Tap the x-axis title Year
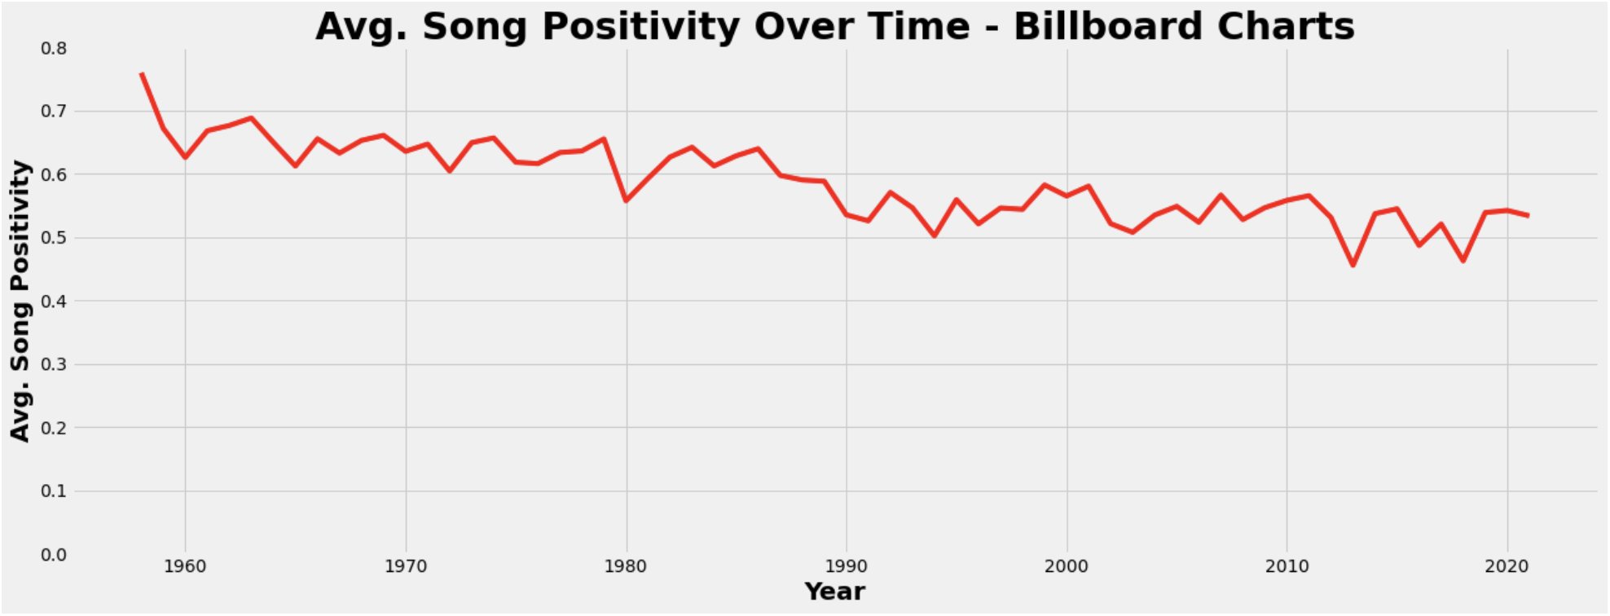834,592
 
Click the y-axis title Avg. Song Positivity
20,301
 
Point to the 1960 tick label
185,567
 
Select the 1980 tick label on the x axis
626,567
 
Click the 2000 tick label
1067,567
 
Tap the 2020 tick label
1507,567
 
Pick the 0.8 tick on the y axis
54,48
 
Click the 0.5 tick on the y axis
54,238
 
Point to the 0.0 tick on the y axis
54,555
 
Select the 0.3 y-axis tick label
54,365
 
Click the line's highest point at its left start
142,73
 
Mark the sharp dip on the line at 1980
626,200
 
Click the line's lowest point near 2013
1353,265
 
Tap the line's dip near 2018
1463,261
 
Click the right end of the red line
1529,215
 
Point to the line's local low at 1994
935,235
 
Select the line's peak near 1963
251,118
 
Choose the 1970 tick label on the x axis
406,567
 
